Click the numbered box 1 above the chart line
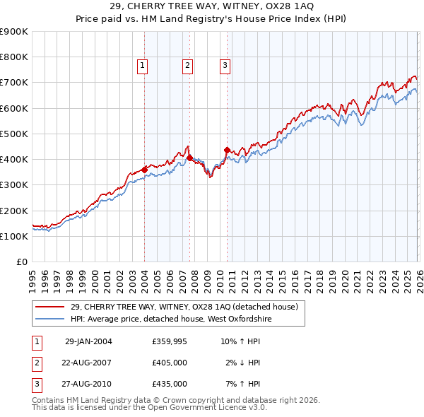pos(142,66)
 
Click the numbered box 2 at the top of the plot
pos(187,66)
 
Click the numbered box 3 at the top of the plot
pos(225,66)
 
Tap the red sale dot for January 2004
pos(144,170)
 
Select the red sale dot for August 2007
pos(189,158)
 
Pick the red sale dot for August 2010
pos(227,150)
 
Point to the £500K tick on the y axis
pos(14,134)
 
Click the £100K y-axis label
pos(14,236)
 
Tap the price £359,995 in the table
pos(170,341)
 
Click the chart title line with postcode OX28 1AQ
pos(212,6)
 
